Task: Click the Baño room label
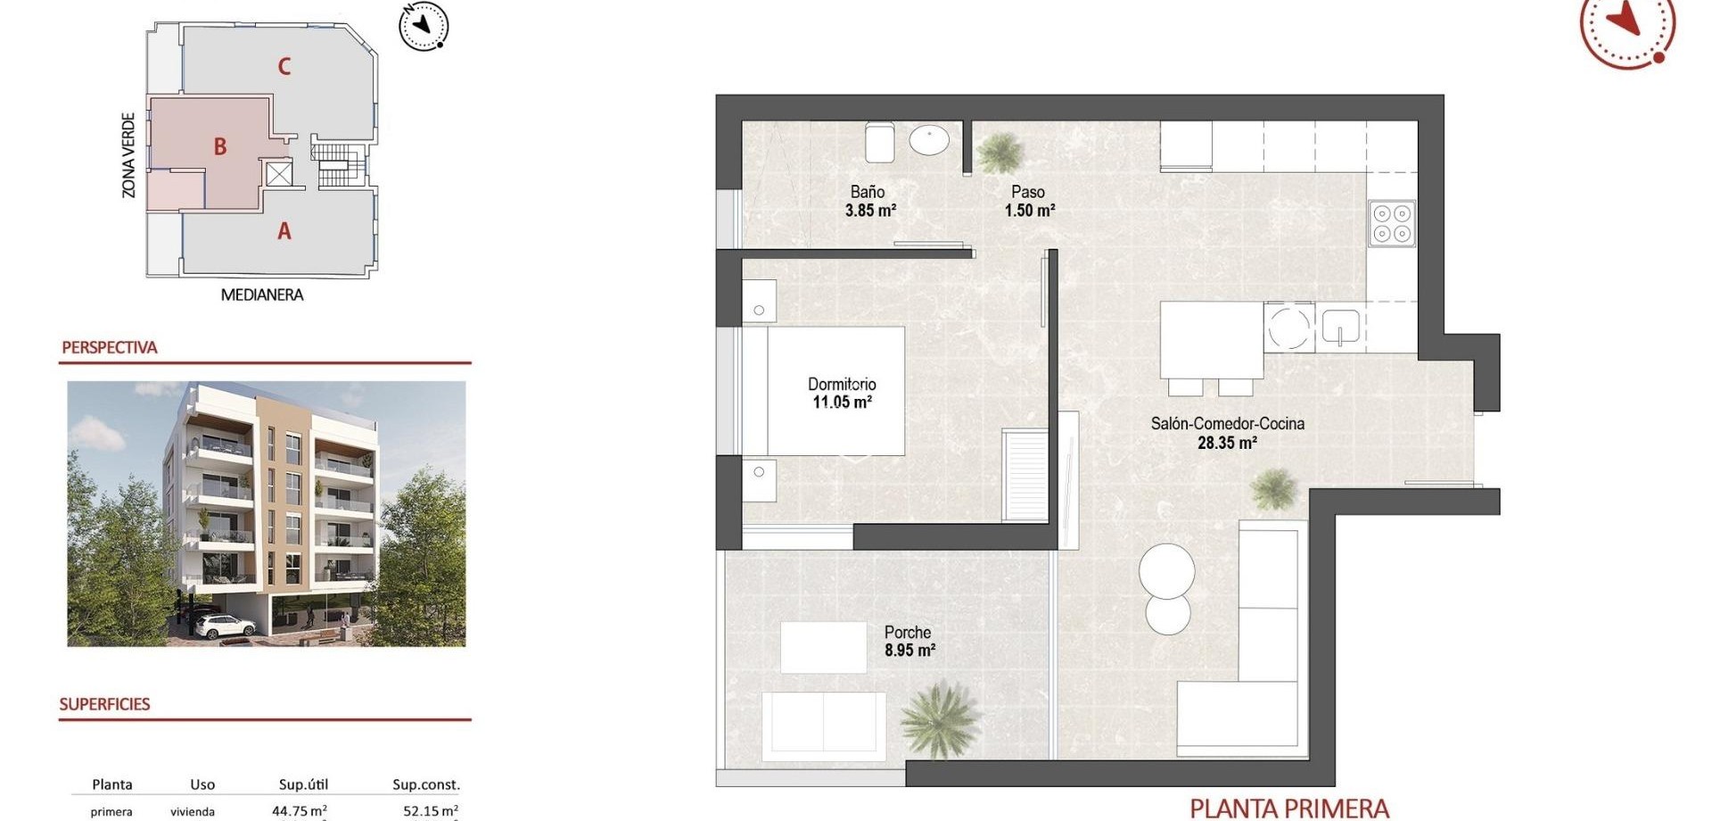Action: click(867, 192)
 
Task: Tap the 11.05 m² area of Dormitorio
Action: click(842, 402)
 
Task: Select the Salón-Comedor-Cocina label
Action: click(1227, 424)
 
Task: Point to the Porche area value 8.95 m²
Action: click(909, 651)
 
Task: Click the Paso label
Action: click(1028, 192)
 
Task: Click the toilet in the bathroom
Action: click(879, 143)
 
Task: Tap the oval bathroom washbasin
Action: click(929, 140)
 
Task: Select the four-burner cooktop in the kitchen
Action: click(1391, 223)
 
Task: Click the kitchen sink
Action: click(1339, 327)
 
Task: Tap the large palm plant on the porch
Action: click(940, 718)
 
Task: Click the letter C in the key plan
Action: click(284, 66)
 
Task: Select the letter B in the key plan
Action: click(219, 147)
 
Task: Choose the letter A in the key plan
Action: click(284, 232)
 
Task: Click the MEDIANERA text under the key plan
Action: click(261, 294)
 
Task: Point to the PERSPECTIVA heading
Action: click(109, 347)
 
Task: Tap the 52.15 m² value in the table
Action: click(430, 811)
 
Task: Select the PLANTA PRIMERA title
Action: click(1288, 809)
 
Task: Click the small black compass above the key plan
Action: click(424, 27)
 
